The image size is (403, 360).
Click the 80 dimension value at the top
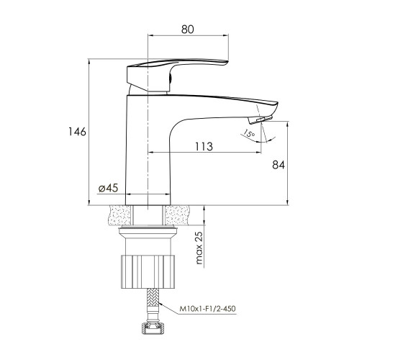point(187,30)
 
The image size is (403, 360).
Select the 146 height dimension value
point(77,132)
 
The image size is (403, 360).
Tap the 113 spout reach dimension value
point(204,147)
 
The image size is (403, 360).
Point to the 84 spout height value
point(279,165)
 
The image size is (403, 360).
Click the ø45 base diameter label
point(108,188)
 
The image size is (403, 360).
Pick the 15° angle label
point(249,134)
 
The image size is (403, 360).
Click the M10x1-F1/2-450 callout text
point(207,308)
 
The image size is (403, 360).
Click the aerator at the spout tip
point(260,120)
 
